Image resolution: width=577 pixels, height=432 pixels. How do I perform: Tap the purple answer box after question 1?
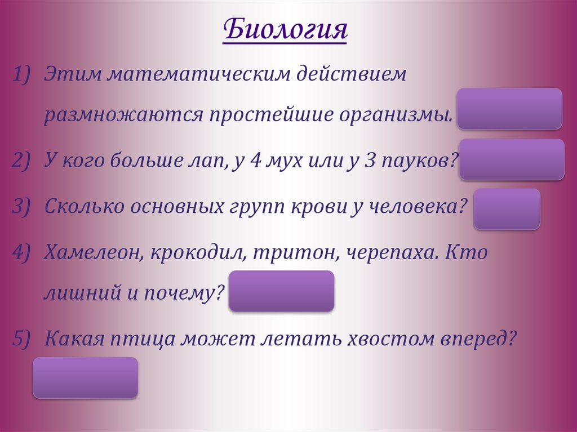pos(510,109)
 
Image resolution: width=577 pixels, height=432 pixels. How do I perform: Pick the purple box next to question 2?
pos(512,159)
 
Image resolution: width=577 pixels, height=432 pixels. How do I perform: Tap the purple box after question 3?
pos(507,209)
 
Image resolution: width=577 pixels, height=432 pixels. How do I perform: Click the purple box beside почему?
pos(281,291)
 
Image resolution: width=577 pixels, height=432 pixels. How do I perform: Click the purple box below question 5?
pos(85,377)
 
